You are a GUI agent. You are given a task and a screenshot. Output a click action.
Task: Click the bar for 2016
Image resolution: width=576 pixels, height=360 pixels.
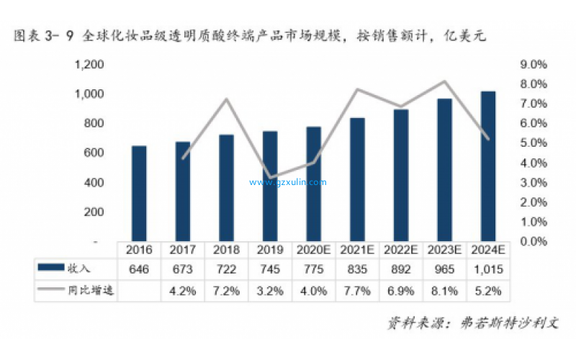coord(139,194)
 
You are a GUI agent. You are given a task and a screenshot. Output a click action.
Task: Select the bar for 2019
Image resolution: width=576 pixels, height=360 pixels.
coord(269,186)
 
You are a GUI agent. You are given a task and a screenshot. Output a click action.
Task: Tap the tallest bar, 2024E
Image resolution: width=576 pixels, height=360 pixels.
coord(487,166)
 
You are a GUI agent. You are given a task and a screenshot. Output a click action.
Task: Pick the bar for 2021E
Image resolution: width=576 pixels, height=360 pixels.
coord(357,180)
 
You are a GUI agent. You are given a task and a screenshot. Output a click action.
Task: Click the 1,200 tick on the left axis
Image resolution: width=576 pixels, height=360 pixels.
coord(89,65)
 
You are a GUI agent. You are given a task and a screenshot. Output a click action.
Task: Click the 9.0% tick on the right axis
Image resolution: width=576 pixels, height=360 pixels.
coord(534,65)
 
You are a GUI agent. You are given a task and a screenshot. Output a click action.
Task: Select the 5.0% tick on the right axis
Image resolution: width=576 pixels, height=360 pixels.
coord(534,143)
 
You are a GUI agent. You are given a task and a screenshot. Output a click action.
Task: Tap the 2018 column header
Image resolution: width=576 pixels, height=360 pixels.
coord(226,250)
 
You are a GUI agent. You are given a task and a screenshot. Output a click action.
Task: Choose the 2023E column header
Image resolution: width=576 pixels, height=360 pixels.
coord(444,250)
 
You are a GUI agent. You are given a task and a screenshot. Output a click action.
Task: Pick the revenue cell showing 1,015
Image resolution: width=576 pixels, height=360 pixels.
coord(487,269)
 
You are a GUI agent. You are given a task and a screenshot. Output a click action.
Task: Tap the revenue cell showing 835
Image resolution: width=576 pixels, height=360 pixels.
coord(357,269)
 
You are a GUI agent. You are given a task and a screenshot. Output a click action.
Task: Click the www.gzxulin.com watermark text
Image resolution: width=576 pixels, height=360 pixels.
coord(288,182)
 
